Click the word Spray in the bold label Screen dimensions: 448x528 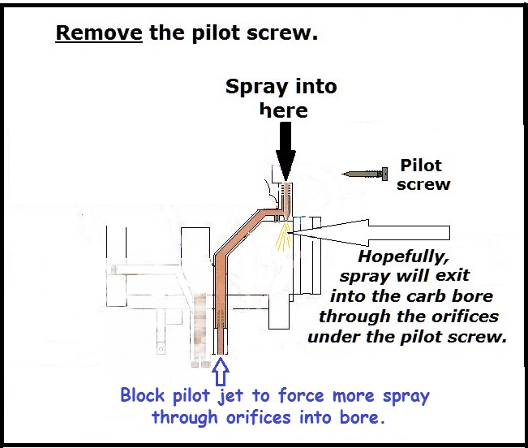tap(254, 87)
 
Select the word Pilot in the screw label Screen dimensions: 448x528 tap(421, 166)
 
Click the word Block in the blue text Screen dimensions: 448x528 tap(143, 397)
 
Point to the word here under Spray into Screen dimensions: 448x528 tap(284, 110)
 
